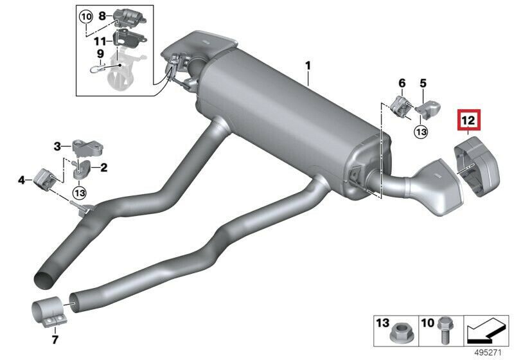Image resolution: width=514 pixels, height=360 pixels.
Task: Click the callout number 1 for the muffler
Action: (x=308, y=66)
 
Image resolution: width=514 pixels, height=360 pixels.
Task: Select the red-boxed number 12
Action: (x=468, y=121)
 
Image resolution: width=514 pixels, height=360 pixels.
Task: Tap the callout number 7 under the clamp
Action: (x=55, y=339)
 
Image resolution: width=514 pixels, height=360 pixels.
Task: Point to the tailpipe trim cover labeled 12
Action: (x=476, y=167)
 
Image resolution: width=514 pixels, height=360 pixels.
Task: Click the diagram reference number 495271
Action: (x=488, y=352)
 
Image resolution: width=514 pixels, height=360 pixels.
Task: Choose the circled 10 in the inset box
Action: (x=86, y=17)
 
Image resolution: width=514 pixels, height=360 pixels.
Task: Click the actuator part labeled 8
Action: (x=130, y=19)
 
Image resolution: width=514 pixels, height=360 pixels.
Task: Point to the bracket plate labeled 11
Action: (x=130, y=39)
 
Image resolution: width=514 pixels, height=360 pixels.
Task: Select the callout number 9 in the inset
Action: (x=100, y=53)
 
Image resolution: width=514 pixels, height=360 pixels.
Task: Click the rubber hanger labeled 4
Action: (x=45, y=179)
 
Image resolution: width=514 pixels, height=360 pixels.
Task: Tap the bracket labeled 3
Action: (x=87, y=148)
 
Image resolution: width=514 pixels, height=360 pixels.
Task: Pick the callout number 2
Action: (x=103, y=168)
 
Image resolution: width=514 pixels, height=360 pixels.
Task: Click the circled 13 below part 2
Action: (x=80, y=193)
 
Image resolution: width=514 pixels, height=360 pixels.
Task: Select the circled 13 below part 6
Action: (x=421, y=132)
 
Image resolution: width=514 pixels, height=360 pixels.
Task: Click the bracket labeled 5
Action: (x=428, y=110)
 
